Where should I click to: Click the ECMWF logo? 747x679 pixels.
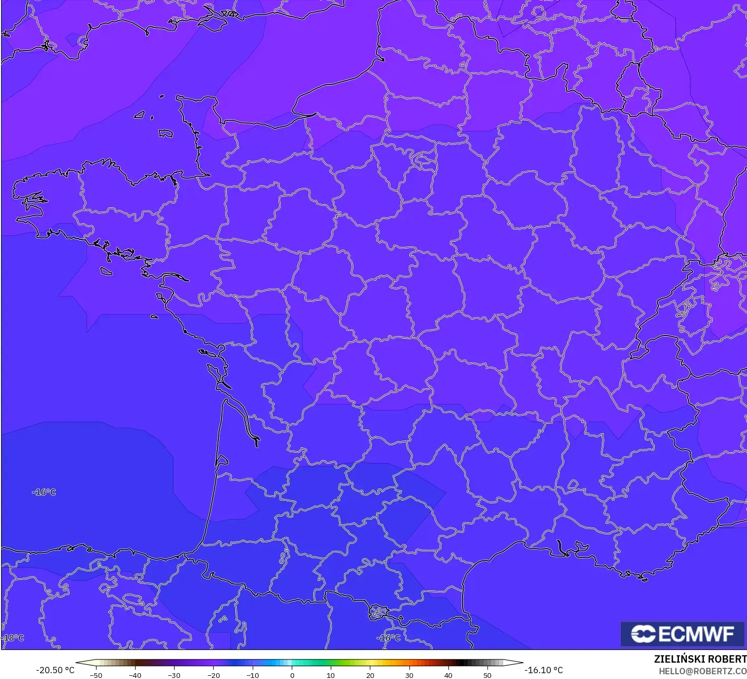click(682, 634)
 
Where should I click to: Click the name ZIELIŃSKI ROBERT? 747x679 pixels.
click(700, 659)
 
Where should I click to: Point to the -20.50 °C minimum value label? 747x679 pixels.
click(55, 670)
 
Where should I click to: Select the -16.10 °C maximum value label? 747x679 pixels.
click(543, 670)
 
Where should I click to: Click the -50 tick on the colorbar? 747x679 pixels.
click(95, 675)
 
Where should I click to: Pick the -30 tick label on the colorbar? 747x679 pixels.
click(174, 675)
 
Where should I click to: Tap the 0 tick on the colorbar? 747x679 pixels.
click(292, 675)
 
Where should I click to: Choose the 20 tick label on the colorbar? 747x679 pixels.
click(370, 675)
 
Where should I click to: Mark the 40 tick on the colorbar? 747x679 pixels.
click(448, 675)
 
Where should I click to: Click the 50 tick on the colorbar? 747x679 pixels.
click(487, 675)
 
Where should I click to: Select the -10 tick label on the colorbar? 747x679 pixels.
click(252, 675)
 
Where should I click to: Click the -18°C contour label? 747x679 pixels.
click(13, 638)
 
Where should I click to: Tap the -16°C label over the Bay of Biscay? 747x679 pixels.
click(44, 492)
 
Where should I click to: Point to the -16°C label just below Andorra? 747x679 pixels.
click(388, 638)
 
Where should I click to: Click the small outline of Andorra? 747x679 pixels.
click(378, 613)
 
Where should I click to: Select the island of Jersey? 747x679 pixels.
click(166, 133)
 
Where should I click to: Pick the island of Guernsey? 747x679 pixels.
click(140, 114)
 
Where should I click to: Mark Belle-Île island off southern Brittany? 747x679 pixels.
click(107, 271)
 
